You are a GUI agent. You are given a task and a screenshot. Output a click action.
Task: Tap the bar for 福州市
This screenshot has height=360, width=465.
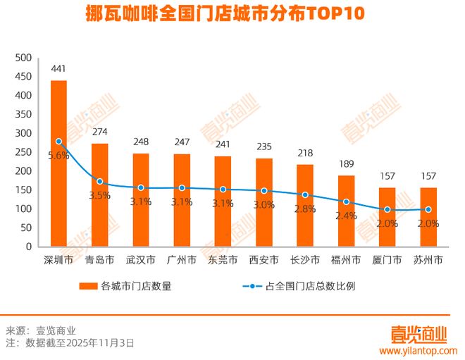(x=347, y=211)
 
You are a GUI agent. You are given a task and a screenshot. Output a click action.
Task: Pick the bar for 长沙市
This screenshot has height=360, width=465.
(x=305, y=205)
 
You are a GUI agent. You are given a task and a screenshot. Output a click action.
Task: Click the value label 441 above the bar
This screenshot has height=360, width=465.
(x=59, y=69)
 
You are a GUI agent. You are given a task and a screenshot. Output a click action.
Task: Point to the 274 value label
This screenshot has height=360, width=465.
(x=100, y=132)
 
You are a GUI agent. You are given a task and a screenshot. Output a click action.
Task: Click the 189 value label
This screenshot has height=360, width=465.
(x=347, y=164)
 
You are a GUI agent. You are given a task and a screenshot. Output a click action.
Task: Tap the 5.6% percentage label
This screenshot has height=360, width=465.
(x=58, y=156)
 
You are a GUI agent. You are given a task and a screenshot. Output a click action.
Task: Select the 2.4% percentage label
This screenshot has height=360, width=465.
(x=347, y=216)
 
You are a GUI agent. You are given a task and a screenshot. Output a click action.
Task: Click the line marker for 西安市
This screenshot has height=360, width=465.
(x=264, y=191)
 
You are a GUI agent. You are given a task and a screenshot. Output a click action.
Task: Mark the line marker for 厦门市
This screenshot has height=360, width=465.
(x=387, y=210)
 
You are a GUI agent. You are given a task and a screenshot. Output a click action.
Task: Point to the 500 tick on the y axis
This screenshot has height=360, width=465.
(x=23, y=57)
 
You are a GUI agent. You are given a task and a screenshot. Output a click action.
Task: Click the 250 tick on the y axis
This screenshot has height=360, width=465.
(x=23, y=152)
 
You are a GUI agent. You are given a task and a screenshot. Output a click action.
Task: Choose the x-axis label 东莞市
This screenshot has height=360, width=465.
(x=223, y=260)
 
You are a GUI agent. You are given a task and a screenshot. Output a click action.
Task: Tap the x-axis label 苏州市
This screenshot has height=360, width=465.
(x=428, y=260)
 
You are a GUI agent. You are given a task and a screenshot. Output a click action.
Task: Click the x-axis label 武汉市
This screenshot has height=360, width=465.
(x=141, y=260)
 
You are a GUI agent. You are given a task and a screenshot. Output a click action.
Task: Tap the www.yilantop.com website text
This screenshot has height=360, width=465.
(x=418, y=350)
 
